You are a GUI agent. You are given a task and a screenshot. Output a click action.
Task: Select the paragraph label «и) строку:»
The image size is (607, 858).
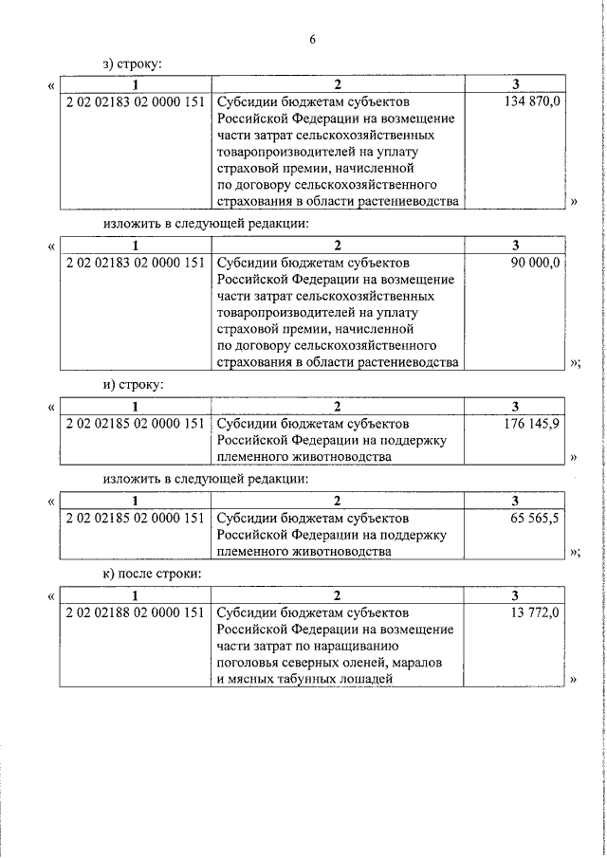[133, 385]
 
